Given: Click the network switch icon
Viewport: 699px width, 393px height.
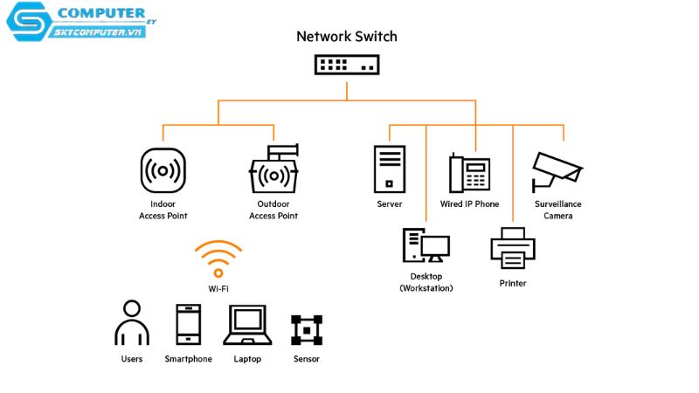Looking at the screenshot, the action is [x=347, y=65].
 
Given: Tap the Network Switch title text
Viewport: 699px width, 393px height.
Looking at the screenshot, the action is [x=347, y=37].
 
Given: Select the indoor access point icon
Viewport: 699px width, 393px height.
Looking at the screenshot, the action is [x=163, y=170].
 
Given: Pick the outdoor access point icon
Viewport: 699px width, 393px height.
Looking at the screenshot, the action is [x=273, y=169].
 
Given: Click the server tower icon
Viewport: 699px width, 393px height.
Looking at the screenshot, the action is [x=390, y=169].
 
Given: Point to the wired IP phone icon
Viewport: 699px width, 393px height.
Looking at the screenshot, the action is [x=469, y=173].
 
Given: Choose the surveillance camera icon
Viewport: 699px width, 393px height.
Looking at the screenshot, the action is [x=557, y=172].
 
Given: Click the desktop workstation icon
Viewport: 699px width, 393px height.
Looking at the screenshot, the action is [x=426, y=245].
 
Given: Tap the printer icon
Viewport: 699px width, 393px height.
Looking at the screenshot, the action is [x=513, y=248].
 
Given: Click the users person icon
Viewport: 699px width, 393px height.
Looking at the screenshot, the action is [x=132, y=322].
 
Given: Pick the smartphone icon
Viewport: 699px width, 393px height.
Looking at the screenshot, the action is [x=189, y=324].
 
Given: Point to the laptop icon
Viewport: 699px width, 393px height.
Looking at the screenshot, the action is [x=247, y=325].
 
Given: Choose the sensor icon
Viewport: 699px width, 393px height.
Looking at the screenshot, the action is [x=307, y=330].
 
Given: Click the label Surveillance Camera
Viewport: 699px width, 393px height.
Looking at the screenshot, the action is [x=558, y=210].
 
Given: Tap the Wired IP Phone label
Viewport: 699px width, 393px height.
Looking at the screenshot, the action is [x=469, y=204].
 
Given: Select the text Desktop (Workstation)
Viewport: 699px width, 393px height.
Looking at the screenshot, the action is [x=426, y=282].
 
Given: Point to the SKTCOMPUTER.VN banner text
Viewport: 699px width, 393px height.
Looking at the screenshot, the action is [x=98, y=32].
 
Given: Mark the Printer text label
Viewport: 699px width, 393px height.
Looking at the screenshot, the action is [x=513, y=283].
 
